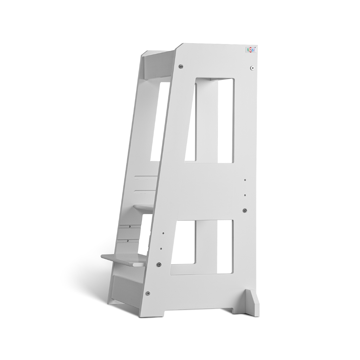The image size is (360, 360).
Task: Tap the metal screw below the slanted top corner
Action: (181, 67)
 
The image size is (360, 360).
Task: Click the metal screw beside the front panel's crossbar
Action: (245, 210)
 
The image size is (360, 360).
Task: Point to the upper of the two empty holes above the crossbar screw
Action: (245, 180)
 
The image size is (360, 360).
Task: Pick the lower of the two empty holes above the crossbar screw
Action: (245, 195)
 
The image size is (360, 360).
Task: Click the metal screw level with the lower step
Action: (158, 264)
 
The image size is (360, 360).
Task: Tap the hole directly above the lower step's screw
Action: (161, 248)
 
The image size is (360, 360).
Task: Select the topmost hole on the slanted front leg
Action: (163, 233)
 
